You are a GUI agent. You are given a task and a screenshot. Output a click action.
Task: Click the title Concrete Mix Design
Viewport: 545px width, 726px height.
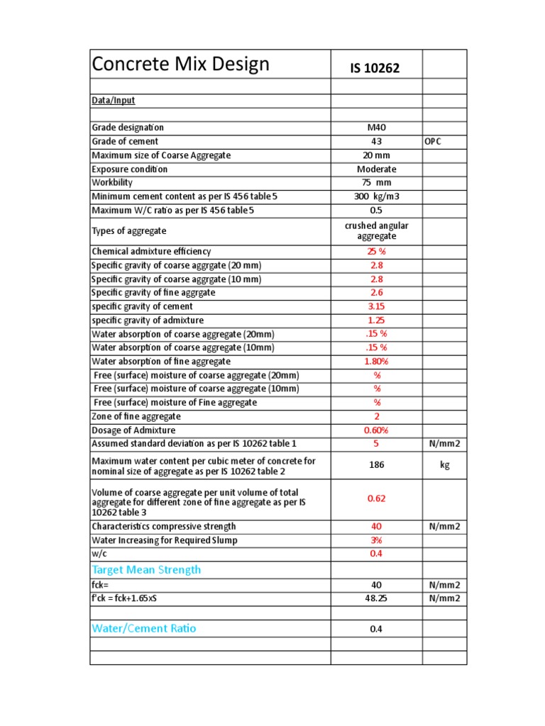(181, 65)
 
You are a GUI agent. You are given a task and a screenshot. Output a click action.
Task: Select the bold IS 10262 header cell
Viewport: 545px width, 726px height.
(375, 69)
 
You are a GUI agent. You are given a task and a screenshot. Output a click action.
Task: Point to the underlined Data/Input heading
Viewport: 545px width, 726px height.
(114, 101)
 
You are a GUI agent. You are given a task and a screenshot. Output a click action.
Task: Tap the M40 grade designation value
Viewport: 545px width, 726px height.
(376, 128)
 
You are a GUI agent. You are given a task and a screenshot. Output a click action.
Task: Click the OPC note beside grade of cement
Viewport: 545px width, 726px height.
(433, 142)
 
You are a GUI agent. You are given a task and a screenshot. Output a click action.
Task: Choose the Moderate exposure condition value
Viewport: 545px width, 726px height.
(376, 169)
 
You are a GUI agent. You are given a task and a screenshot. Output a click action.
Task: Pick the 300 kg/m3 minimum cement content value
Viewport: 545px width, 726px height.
(376, 196)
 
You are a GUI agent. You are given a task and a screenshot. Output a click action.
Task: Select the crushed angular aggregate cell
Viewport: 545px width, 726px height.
(376, 230)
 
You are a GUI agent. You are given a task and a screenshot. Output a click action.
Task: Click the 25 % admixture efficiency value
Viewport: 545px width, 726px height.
(376, 252)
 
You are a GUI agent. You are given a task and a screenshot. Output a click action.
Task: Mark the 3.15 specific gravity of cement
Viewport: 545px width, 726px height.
(376, 307)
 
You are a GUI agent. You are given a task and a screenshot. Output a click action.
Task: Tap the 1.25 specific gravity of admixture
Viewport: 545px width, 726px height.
(376, 320)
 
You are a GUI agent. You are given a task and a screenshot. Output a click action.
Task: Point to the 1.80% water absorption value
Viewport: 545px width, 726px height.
(376, 362)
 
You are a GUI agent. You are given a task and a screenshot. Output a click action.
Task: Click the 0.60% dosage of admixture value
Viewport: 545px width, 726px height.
(376, 430)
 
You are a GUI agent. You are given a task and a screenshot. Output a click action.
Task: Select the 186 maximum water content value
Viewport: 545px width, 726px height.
(376, 466)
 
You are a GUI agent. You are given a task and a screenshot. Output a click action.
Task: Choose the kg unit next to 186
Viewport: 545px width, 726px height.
(444, 466)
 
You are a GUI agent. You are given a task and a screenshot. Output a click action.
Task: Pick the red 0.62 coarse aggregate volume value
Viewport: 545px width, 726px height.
(376, 498)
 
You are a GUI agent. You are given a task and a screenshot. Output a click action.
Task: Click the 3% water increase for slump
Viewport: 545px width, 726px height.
(376, 540)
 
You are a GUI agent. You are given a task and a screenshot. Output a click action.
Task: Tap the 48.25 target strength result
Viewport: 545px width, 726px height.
(376, 598)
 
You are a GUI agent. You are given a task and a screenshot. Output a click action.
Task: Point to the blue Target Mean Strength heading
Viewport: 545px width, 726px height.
(146, 570)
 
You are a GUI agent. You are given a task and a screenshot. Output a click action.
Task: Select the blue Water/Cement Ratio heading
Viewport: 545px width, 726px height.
(144, 629)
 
